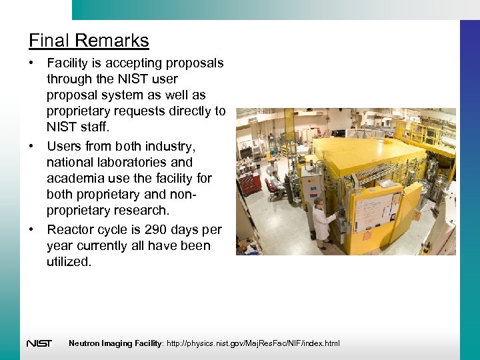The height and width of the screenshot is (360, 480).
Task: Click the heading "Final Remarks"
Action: point(89,41)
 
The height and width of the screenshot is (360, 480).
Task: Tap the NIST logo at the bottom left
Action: point(39,343)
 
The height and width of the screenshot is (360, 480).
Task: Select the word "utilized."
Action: point(69,262)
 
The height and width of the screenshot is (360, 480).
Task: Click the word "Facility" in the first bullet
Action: point(69,63)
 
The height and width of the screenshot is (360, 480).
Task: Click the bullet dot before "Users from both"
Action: point(32,146)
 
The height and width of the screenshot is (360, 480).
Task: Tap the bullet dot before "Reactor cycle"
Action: point(32,229)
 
